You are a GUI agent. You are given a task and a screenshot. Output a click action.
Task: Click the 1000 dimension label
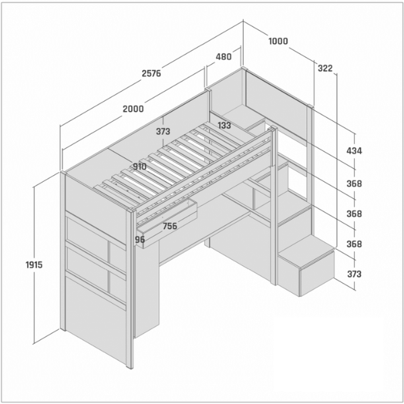[x=278, y=41]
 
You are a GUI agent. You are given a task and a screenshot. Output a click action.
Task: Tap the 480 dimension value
[x=224, y=57]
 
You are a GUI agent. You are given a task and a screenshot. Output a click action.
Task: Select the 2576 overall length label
[x=151, y=73]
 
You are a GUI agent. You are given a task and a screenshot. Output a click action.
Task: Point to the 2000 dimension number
[x=133, y=109]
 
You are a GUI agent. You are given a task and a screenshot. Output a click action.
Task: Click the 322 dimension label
[x=325, y=68]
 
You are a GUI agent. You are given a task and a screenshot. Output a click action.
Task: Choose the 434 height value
[x=354, y=151]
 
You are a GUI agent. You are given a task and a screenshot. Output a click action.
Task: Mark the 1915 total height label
[x=34, y=265]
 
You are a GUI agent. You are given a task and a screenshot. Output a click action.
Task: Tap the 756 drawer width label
[x=170, y=226]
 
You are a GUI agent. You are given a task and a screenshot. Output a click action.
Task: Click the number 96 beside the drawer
[x=140, y=240]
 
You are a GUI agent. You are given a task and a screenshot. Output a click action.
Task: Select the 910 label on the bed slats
[x=139, y=167]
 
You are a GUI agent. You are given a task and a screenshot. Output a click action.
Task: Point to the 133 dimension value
[x=224, y=125]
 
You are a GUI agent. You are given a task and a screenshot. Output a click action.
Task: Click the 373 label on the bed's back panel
[x=163, y=131]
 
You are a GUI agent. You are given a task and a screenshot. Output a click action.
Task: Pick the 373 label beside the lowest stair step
[x=354, y=274]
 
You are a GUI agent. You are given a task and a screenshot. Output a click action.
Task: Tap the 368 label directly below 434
[x=354, y=184]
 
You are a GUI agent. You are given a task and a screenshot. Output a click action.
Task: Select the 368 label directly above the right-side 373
[x=354, y=244]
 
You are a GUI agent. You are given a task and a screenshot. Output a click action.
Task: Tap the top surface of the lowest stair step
[x=306, y=249]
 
